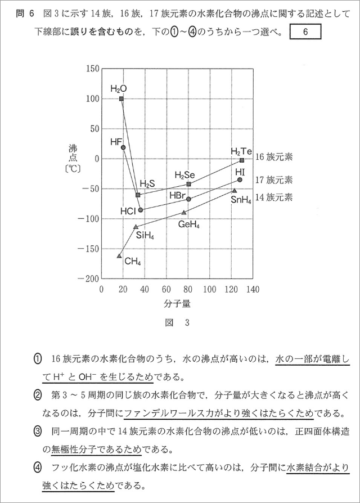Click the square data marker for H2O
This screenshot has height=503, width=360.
pyautogui.click(x=121, y=98)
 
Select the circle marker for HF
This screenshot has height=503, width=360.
pyautogui.click(x=123, y=147)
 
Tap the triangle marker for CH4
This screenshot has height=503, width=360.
pyautogui.click(x=119, y=256)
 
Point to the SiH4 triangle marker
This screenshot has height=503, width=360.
pyautogui.click(x=136, y=227)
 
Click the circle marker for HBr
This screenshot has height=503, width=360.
pyautogui.click(x=188, y=199)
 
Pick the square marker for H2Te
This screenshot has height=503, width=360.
pyautogui.click(x=242, y=160)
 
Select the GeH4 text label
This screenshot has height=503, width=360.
pyautogui.click(x=189, y=224)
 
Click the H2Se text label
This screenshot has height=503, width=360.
pyautogui.click(x=184, y=176)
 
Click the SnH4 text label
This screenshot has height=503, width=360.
pyautogui.click(x=241, y=200)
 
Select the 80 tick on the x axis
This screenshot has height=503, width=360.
pyautogui.click(x=188, y=290)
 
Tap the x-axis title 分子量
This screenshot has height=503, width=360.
pyautogui.click(x=178, y=304)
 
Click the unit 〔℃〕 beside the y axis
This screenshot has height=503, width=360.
pyautogui.click(x=74, y=167)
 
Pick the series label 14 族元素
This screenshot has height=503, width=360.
pyautogui.click(x=274, y=197)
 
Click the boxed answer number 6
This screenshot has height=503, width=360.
pyautogui.click(x=305, y=32)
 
